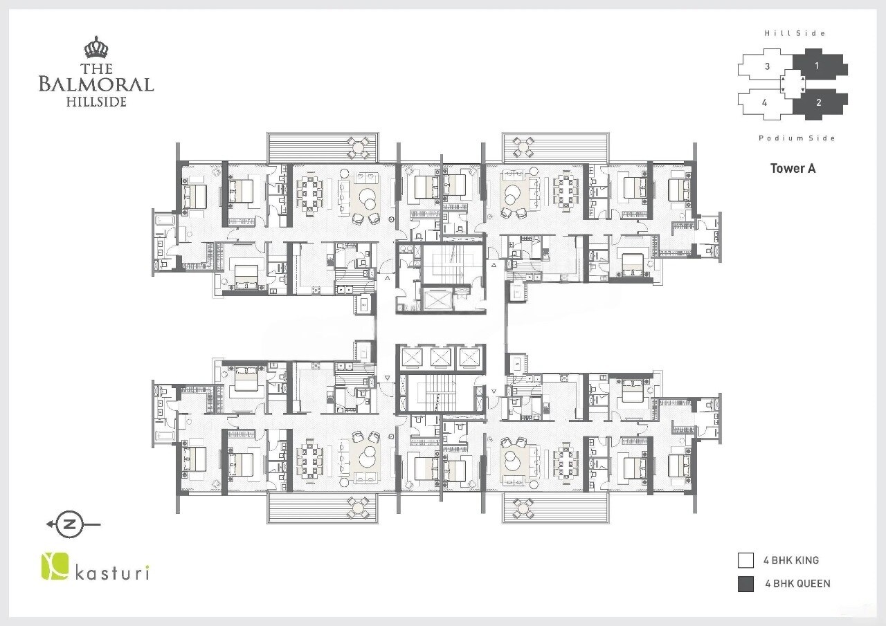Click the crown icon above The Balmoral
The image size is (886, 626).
[96, 48]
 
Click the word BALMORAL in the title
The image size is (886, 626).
[96, 84]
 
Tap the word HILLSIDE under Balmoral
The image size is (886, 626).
[96, 102]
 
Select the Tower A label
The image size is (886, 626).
[793, 168]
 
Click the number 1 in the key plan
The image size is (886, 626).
[817, 66]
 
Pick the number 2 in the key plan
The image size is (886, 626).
[818, 102]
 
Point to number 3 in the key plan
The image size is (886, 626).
[767, 66]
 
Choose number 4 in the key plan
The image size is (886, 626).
[764, 102]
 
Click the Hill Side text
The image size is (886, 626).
[795, 33]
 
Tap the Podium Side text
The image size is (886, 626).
[797, 138]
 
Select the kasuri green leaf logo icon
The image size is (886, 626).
[53, 565]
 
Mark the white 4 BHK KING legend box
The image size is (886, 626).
[745, 560]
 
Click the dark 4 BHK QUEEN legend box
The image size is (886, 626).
[745, 584]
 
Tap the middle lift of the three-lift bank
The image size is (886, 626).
[440, 357]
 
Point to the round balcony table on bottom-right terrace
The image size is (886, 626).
[523, 508]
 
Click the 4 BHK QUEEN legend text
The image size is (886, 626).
[797, 584]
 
